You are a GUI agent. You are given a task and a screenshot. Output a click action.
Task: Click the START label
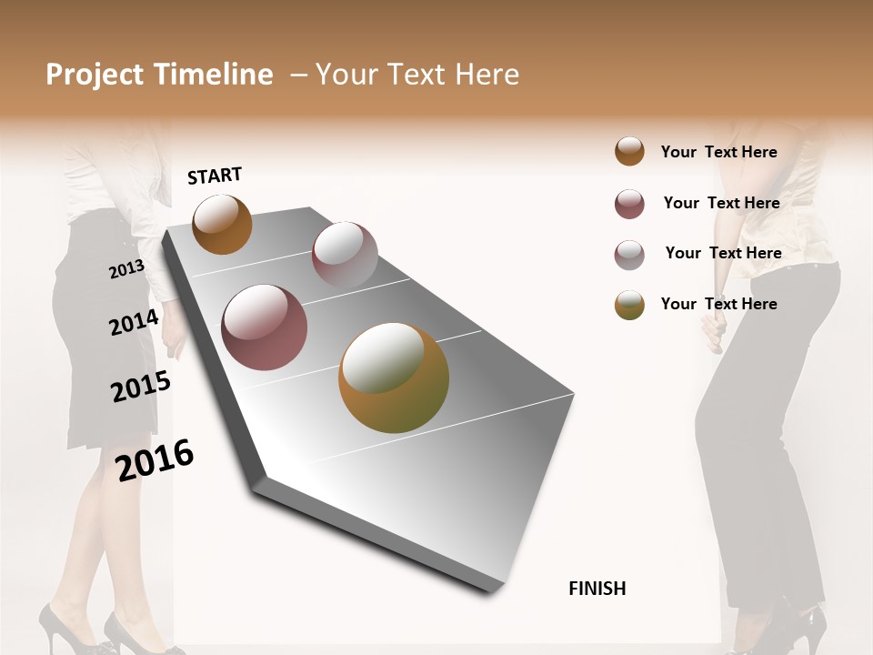pos(215,176)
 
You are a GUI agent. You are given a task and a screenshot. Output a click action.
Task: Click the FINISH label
pos(597,589)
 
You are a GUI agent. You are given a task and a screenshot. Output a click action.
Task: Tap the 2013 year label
pos(126,268)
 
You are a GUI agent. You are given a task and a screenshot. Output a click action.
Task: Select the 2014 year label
pos(134,323)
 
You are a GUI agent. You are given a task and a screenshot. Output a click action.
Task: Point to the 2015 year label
pos(141,387)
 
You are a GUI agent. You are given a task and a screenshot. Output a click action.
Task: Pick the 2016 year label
pos(155,459)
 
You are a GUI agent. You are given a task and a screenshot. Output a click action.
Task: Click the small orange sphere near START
pos(222,224)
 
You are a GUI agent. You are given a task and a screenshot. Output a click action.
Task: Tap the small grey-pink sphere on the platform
pos(345,255)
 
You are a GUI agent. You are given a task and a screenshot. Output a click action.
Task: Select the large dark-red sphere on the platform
pos(265,327)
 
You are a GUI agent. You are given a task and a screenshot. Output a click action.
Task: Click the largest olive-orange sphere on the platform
pos(394,378)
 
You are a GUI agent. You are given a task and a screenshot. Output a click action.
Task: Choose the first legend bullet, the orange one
pos(629,151)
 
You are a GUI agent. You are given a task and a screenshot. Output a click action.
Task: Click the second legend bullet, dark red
pos(629,204)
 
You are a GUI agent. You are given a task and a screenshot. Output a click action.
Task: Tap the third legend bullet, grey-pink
pos(629,254)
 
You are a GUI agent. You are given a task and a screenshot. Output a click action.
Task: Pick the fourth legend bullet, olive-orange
pos(629,305)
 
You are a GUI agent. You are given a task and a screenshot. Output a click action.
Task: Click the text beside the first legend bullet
pos(718,152)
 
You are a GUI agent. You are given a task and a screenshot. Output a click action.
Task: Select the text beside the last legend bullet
pos(718,304)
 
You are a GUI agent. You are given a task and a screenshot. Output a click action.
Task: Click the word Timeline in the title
pos(214,75)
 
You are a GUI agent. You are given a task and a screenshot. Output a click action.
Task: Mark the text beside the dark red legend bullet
pos(721,203)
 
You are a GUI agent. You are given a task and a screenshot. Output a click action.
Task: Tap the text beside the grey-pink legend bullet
pos(723,253)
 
